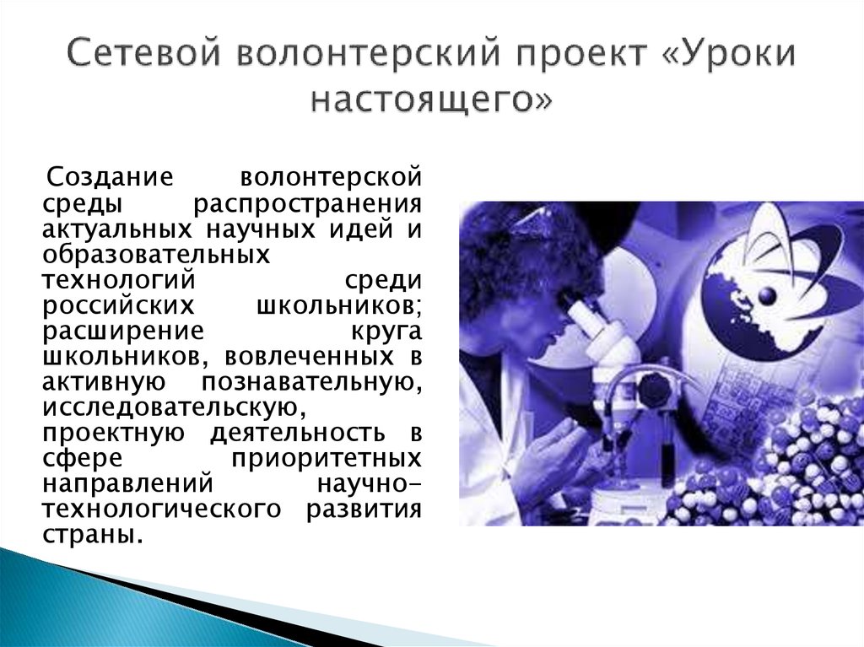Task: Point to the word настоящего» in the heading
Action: click(432, 101)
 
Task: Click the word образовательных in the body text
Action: click(158, 254)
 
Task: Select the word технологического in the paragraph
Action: click(162, 509)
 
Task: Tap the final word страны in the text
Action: click(89, 535)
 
